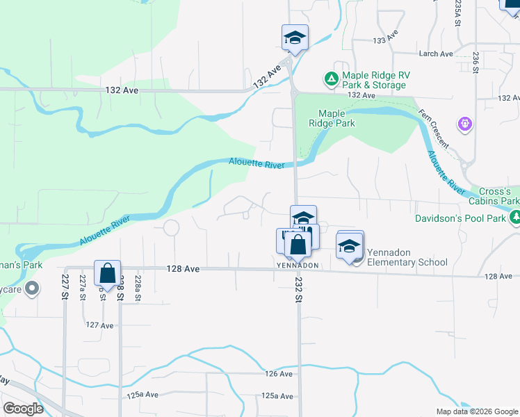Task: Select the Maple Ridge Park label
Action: pos(336,118)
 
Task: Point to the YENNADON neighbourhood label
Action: pos(298,265)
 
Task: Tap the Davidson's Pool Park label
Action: pos(461,218)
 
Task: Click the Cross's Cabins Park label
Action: pos(498,196)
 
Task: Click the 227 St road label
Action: pos(65,287)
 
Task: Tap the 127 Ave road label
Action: pos(99,325)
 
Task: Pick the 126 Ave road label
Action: pos(279,374)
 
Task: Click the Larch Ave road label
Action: pos(436,54)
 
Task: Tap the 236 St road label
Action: pos(476,61)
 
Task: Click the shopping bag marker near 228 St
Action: pos(107,272)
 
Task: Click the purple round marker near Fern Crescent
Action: pos(465,124)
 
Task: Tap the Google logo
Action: pos(24,409)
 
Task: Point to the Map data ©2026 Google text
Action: pos(477,411)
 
